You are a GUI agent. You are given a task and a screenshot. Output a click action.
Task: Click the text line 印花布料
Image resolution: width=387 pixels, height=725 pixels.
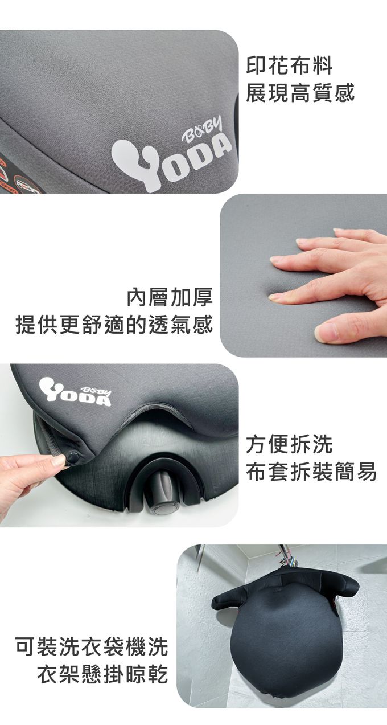289,65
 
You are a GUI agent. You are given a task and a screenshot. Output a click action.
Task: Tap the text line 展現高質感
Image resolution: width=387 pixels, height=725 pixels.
300,93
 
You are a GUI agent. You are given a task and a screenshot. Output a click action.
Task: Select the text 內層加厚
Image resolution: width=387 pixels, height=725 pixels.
170,297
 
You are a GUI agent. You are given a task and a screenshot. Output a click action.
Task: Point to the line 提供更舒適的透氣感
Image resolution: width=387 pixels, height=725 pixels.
114,324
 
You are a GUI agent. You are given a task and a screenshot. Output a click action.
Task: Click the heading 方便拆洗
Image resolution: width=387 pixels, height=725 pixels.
289,444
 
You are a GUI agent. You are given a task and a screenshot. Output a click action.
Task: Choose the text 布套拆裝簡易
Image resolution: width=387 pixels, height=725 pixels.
311,472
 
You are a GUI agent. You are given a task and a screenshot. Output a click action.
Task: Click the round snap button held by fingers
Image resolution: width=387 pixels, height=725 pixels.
73,458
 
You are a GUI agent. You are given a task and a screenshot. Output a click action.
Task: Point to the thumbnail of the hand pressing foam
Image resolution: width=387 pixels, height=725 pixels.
303,275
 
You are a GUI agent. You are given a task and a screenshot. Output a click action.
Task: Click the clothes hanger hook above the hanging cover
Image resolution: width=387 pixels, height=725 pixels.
283,555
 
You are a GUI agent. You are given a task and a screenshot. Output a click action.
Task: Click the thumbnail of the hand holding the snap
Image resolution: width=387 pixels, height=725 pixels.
120,445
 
